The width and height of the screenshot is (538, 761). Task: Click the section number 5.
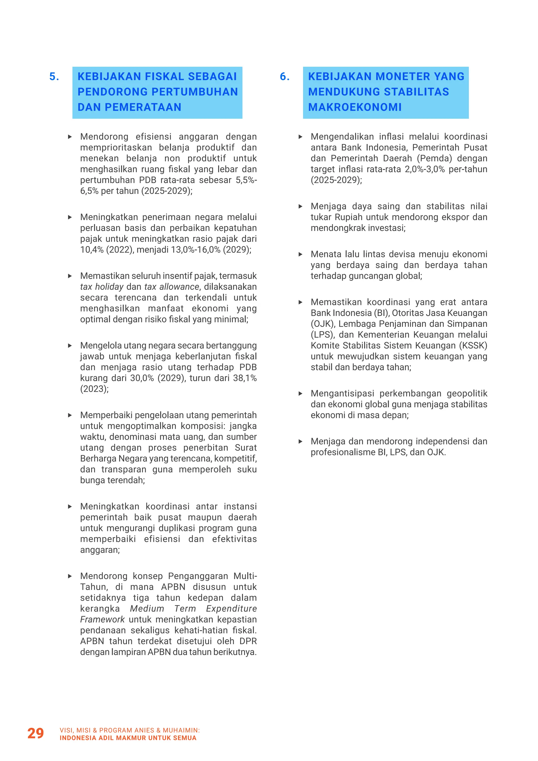point(54,76)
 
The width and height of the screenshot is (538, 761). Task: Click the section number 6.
point(284,76)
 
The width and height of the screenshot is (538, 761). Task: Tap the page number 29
point(35,733)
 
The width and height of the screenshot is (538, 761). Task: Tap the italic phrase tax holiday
point(101,287)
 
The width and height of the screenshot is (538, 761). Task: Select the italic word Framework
point(102,619)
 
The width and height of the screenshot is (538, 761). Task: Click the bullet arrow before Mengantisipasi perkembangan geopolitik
point(301,393)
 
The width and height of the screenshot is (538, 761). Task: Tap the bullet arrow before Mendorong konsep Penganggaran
point(70,576)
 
